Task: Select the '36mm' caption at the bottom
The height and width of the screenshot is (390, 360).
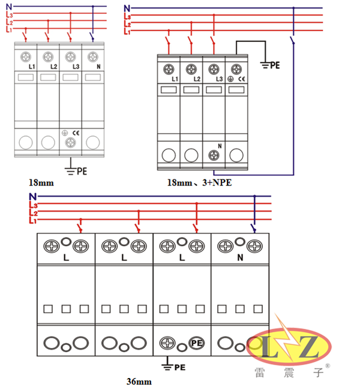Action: point(139,381)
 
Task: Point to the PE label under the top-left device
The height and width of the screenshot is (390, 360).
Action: point(82,171)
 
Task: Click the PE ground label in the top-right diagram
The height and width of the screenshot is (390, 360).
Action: point(275,63)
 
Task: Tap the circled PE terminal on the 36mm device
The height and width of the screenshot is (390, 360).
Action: point(195,343)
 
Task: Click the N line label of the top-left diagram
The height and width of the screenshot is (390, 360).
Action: point(8,6)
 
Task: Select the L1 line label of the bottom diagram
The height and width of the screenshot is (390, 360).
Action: point(34,221)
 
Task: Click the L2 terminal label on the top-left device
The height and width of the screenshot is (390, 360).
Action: point(53,66)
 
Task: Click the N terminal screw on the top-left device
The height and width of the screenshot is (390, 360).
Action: point(92,56)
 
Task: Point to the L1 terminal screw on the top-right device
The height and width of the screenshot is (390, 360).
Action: point(169,68)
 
